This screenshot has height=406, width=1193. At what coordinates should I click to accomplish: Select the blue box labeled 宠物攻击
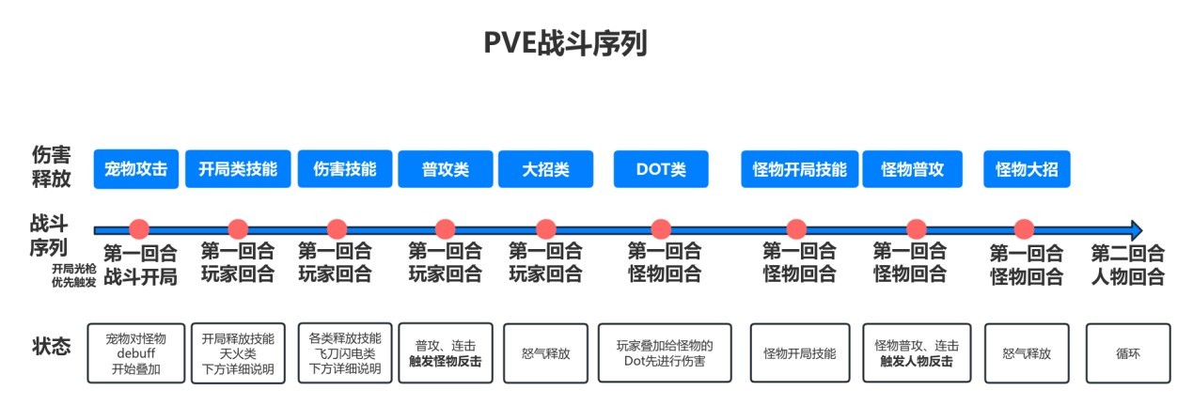coord(136,170)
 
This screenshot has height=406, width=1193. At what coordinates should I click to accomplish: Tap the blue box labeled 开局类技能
coord(238,170)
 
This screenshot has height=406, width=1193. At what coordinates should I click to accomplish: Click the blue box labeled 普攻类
coord(446,170)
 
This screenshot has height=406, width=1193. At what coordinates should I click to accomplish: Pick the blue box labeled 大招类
coord(545,170)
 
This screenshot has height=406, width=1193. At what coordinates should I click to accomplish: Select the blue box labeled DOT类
coord(661,170)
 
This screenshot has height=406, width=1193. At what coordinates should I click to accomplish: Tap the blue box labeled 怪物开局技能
coord(799,170)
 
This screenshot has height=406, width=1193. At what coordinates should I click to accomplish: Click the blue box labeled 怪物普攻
coord(912,170)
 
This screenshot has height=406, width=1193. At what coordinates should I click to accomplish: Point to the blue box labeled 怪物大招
coord(1027,170)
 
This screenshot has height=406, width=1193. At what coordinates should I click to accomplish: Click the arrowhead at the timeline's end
coord(1136,229)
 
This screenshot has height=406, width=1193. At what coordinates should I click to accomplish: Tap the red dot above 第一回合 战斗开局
coord(139,228)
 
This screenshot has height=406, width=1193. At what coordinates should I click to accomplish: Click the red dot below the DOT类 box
coord(661,228)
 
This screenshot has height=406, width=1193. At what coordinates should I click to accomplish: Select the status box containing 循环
coord(1128,352)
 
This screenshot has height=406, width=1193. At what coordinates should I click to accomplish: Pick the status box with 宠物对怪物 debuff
coord(136,352)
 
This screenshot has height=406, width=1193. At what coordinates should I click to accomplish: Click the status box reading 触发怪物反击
coord(446,352)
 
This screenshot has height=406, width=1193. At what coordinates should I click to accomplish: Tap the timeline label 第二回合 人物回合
coord(1127,265)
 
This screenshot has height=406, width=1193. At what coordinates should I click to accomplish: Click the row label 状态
coord(51,346)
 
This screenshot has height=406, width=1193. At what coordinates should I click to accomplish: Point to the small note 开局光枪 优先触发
coord(74,275)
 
